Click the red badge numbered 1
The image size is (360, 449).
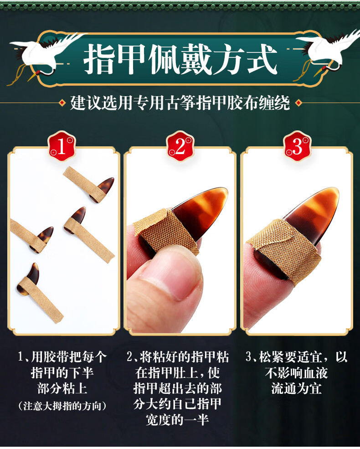coord(62,146)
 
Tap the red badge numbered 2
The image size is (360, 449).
coord(180,146)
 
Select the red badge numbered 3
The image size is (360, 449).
coord(297,146)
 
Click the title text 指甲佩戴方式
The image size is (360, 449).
coord(180,59)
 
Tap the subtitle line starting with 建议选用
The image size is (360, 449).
coord(180,103)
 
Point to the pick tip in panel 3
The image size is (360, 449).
coord(314,210)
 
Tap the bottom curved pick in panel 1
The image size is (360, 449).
coord(30,278)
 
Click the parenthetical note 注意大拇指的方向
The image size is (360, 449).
coord(62,405)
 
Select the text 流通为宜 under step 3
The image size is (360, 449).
coord(296,388)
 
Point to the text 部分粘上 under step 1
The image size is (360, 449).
coord(62,388)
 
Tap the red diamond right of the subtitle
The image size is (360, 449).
coord(298,103)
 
